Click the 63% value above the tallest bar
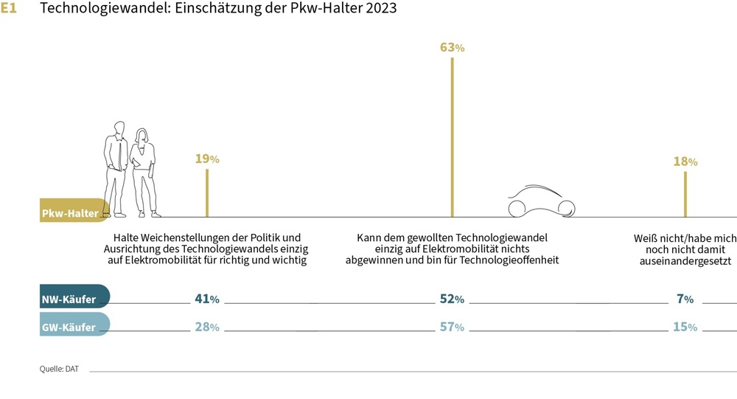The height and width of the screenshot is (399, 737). (452, 47)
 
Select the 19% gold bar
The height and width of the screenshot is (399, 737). (207, 192)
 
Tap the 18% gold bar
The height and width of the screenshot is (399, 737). (685, 194)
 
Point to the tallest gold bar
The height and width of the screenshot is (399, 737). (452, 136)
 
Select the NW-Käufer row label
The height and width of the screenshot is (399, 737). (69, 299)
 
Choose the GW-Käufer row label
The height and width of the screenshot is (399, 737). (69, 327)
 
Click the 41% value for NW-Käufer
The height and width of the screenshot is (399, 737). (207, 299)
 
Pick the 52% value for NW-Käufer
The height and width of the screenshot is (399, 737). (452, 299)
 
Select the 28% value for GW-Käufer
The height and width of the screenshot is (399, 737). (207, 327)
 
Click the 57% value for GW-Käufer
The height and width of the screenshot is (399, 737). (452, 327)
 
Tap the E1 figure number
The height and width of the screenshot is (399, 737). (9, 9)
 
